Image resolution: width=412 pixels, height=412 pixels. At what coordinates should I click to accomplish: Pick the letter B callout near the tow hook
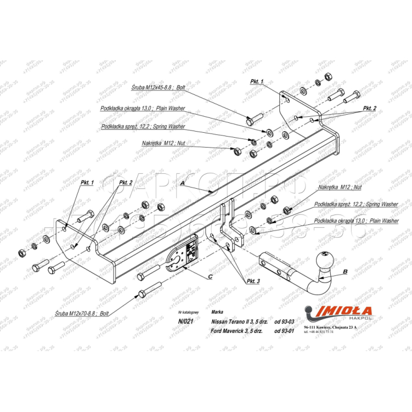click(345, 271)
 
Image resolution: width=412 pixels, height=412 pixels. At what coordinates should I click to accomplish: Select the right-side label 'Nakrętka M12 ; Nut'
click(339, 187)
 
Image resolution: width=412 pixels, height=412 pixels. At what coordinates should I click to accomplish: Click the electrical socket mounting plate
click(184, 253)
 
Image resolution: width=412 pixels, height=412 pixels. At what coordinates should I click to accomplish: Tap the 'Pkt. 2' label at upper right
click(370, 109)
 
